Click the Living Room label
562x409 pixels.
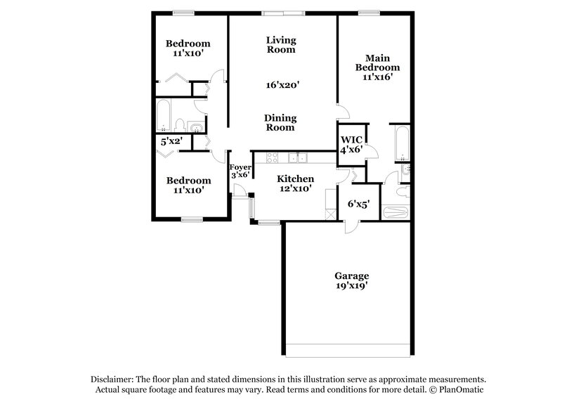pyautogui.click(x=280, y=45)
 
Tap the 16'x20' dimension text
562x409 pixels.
pyautogui.click(x=283, y=85)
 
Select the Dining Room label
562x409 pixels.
pyautogui.click(x=280, y=123)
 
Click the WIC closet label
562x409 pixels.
pyautogui.click(x=351, y=139)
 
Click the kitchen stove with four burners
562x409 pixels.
pyautogui.click(x=272, y=157)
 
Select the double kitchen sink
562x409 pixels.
pyautogui.click(x=301, y=157)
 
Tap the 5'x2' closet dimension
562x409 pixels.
pyautogui.click(x=172, y=141)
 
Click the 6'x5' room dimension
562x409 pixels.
pyautogui.click(x=359, y=204)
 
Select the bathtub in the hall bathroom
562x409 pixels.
pyautogui.click(x=163, y=116)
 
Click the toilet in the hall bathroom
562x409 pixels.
pyautogui.click(x=181, y=125)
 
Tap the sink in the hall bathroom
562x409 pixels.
pyautogui.click(x=196, y=127)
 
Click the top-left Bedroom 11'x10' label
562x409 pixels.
pyautogui.click(x=188, y=48)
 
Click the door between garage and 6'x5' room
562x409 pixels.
pyautogui.click(x=351, y=226)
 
